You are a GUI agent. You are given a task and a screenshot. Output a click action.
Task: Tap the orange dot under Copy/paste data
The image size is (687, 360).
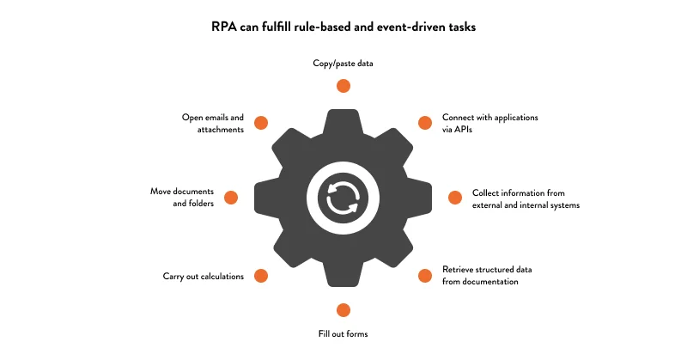pyautogui.click(x=343, y=85)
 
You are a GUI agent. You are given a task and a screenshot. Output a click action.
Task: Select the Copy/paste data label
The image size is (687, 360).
pyautogui.click(x=343, y=64)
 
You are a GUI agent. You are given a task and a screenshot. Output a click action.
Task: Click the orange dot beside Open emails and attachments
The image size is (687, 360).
pyautogui.click(x=262, y=123)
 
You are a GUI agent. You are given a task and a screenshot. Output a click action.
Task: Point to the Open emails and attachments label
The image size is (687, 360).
pyautogui.click(x=213, y=123)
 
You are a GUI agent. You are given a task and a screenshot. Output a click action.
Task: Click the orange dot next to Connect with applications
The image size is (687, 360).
pyautogui.click(x=424, y=123)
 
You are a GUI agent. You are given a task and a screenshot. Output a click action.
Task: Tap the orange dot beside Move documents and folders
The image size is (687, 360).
pyautogui.click(x=231, y=198)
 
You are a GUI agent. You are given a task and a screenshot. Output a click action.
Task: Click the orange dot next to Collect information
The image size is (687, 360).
pyautogui.click(x=456, y=198)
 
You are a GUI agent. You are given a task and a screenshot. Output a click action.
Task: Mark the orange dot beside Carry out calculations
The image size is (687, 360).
pyautogui.click(x=262, y=276)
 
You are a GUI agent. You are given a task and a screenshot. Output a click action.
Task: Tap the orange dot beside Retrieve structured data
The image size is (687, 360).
pyautogui.click(x=424, y=276)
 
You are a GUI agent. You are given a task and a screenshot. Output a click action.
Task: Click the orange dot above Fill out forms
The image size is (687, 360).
pyautogui.click(x=343, y=310)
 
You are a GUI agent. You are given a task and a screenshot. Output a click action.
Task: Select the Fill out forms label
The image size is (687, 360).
pyautogui.click(x=343, y=333)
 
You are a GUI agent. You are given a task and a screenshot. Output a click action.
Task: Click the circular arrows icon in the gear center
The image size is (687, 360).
pyautogui.click(x=343, y=198)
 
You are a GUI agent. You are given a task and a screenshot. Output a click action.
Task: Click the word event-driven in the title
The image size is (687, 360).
pyautogui.click(x=417, y=27)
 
